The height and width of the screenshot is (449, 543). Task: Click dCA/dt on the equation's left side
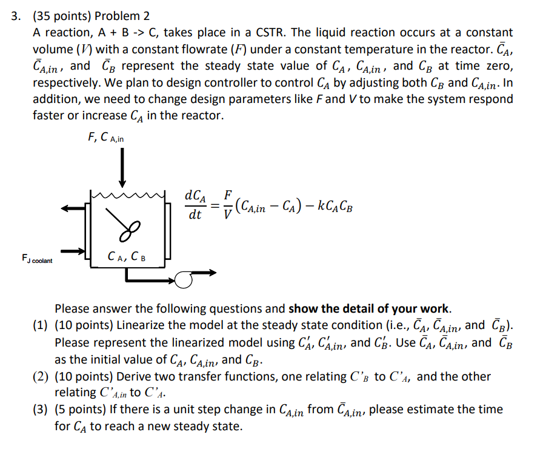(196, 205)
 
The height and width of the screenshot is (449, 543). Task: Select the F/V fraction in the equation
(227, 204)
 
